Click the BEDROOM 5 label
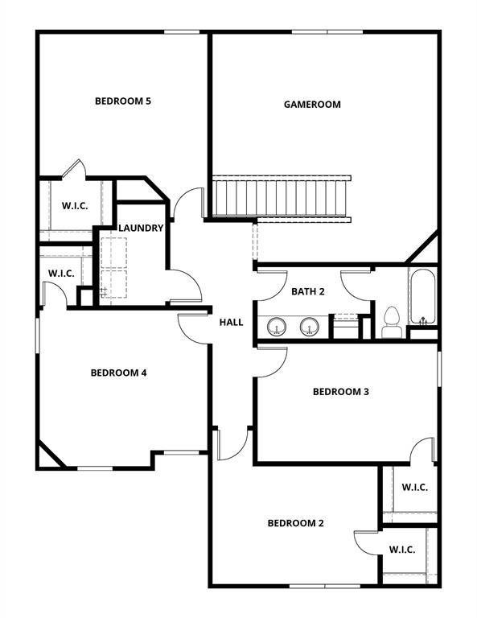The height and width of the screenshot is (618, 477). tap(123, 101)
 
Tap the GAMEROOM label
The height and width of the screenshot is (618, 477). tap(312, 105)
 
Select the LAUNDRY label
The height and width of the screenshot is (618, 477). tap(141, 229)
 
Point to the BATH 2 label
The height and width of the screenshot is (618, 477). tap(307, 291)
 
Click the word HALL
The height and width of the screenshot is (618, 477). tap(232, 323)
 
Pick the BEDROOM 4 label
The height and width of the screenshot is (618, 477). tap(118, 373)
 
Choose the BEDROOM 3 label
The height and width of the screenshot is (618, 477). tap(340, 392)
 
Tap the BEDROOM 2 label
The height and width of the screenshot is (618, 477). tap(295, 523)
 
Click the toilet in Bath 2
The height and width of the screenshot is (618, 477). tap(392, 320)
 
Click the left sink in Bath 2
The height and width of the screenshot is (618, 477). tap(278, 327)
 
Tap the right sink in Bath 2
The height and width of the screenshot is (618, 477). tap(310, 327)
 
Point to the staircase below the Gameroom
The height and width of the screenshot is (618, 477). tap(282, 198)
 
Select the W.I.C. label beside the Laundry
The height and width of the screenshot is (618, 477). tap(61, 274)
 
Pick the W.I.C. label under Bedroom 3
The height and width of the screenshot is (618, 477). tap(414, 488)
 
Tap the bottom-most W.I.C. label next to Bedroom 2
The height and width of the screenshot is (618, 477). tap(402, 550)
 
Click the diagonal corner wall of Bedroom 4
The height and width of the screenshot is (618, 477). tap(51, 454)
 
